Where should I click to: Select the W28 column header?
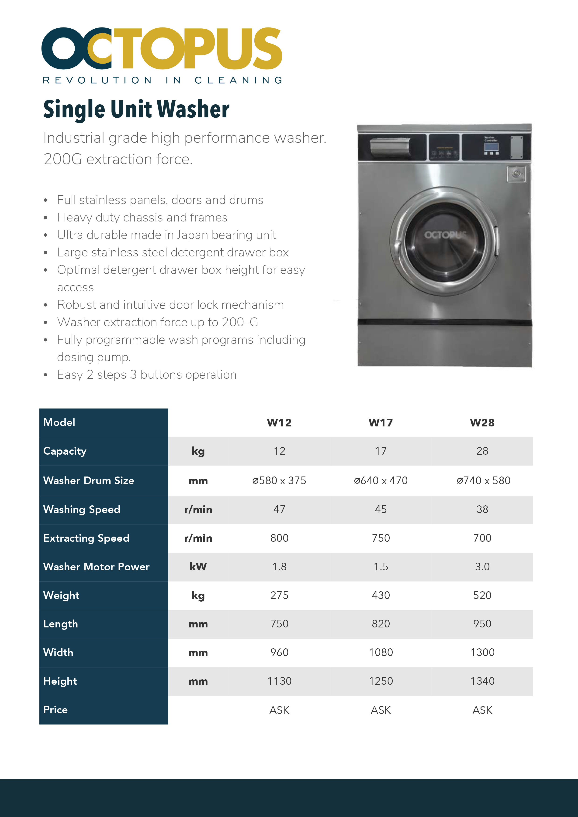pos(482,423)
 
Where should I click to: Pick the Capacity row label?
pos(65,451)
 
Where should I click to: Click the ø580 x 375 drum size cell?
pos(279,481)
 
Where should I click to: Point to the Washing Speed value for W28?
pos(482,510)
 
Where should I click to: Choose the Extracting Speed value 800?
pos(279,538)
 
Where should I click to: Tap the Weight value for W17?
pos(381,595)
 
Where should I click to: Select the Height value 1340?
pos(482,681)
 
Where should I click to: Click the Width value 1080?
pos(381,653)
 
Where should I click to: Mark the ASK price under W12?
pos(279,710)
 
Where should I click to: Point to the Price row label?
pos(55,710)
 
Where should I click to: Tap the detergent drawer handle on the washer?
pos(390,146)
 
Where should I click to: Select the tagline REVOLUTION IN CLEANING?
pos(163,80)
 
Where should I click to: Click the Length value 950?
pos(482,624)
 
